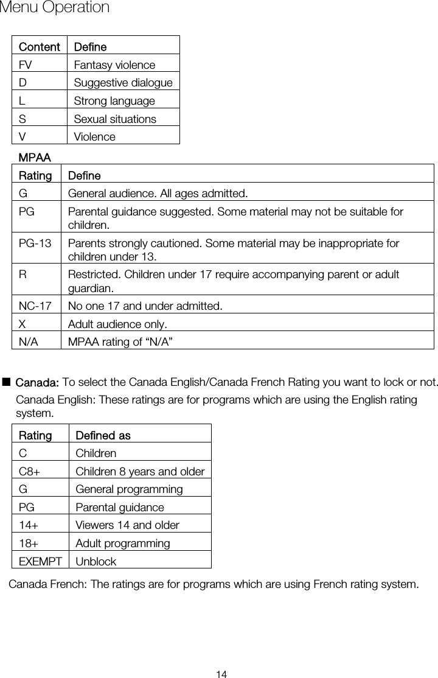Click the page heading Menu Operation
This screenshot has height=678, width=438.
pyautogui.click(x=55, y=8)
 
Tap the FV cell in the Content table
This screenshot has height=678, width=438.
pyautogui.click(x=26, y=65)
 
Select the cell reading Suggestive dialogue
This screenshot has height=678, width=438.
pyautogui.click(x=123, y=83)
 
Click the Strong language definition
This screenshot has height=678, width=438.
pyautogui.click(x=114, y=100)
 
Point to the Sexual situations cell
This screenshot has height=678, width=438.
pyautogui.click(x=115, y=119)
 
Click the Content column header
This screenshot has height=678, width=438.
pyautogui.click(x=39, y=47)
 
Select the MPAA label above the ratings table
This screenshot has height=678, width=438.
pyautogui.click(x=35, y=158)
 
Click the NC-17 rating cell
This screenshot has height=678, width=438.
pyautogui.click(x=35, y=306)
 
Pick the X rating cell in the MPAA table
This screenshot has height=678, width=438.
pyautogui.click(x=23, y=323)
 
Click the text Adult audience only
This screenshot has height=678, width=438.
pyautogui.click(x=117, y=323)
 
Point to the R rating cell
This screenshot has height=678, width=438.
pyautogui.click(x=23, y=274)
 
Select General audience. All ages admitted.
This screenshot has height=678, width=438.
pyautogui.click(x=158, y=194)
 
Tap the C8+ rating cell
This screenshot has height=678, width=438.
pyautogui.click(x=30, y=471)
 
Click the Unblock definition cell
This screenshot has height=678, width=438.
pyautogui.click(x=96, y=561)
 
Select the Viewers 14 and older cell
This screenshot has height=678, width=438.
pyautogui.click(x=127, y=525)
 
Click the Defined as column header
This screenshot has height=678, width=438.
pyautogui.click(x=103, y=436)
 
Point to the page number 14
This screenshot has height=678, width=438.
pyautogui.click(x=221, y=673)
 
